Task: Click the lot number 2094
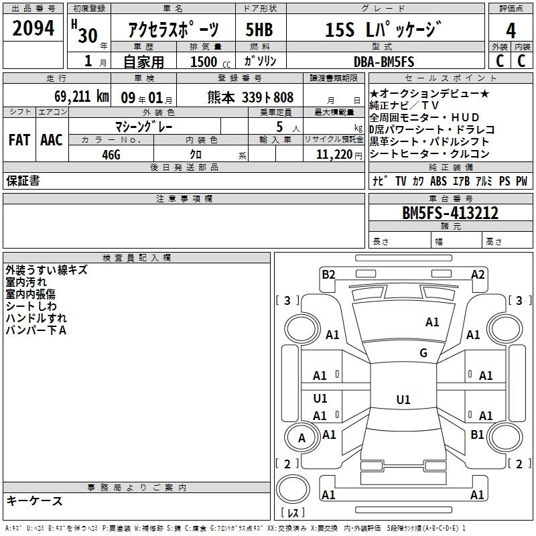pyautogui.click(x=33, y=28)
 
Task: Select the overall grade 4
pyautogui.click(x=511, y=31)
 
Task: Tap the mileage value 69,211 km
pyautogui.click(x=81, y=96)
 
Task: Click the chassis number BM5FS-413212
pyautogui.click(x=450, y=213)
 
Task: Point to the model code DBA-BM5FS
pyautogui.click(x=384, y=62)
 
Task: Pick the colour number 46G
pyautogui.click(x=111, y=155)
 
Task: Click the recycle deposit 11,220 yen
pyautogui.click(x=339, y=155)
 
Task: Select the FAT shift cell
pyautogui.click(x=19, y=140)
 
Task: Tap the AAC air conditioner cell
pyautogui.click(x=52, y=140)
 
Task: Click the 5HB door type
pyautogui.click(x=259, y=29)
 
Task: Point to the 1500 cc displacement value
pyautogui.click(x=210, y=62)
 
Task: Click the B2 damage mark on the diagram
pyautogui.click(x=328, y=275)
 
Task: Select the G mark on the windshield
pyautogui.click(x=423, y=352)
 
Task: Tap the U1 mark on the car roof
pyautogui.click(x=403, y=399)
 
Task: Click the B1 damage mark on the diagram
pyautogui.click(x=477, y=434)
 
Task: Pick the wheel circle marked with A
pyautogui.click(x=301, y=438)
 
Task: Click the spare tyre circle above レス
pyautogui.click(x=293, y=489)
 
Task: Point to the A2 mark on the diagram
pyautogui.click(x=478, y=275)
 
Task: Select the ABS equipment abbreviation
pyautogui.click(x=438, y=181)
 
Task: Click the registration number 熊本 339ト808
pyautogui.click(x=250, y=97)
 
